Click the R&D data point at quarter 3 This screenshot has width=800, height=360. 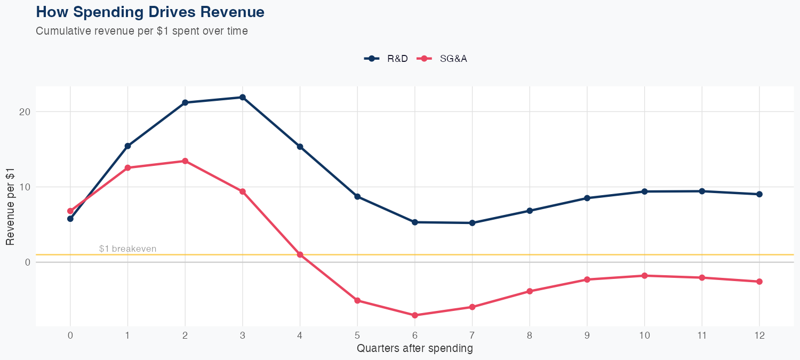(x=243, y=97)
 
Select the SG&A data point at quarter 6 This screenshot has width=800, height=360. (x=415, y=315)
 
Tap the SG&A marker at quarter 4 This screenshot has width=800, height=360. (x=300, y=254)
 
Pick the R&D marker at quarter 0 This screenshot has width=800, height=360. (x=70, y=219)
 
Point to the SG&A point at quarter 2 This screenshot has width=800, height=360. (x=185, y=161)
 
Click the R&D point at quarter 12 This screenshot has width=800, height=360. (x=759, y=194)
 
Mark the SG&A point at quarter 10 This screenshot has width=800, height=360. (x=644, y=276)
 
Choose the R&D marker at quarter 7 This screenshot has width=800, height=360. (x=472, y=223)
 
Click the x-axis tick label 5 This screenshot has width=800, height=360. (x=357, y=336)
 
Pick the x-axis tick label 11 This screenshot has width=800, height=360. (x=702, y=336)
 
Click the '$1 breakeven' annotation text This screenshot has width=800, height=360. (x=128, y=249)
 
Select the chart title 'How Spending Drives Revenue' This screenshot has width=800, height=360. (x=150, y=12)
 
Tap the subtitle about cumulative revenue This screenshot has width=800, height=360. (x=142, y=31)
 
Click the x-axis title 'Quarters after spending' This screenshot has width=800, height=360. (x=415, y=349)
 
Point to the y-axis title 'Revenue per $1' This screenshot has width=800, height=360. (x=10, y=206)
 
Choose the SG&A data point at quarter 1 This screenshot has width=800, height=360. (x=127, y=168)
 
